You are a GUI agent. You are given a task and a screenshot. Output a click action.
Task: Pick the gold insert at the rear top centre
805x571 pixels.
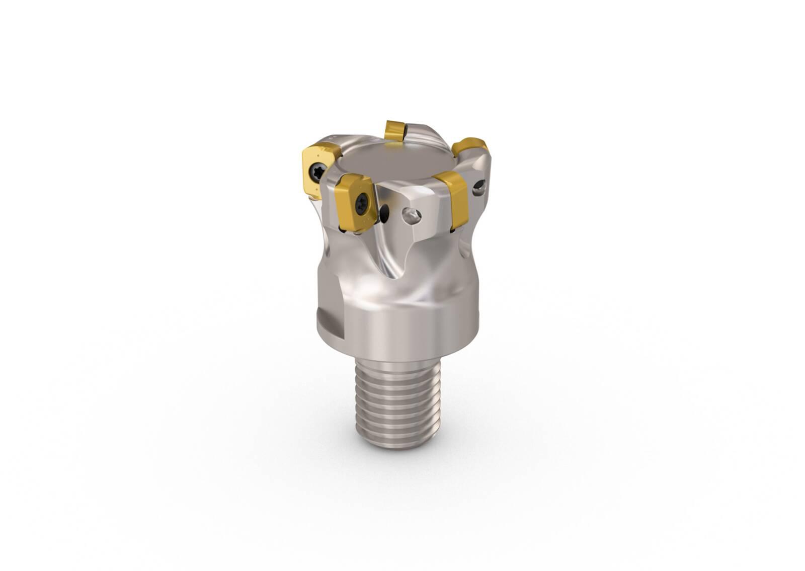(394, 130)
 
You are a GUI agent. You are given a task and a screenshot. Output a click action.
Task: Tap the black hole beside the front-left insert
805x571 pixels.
(385, 214)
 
